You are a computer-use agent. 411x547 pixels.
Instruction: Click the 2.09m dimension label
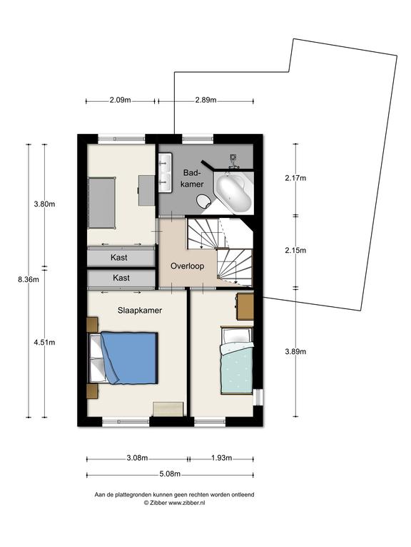(x=120, y=100)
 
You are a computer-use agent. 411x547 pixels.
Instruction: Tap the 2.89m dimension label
(x=205, y=100)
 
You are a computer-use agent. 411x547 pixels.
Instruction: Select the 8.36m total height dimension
(x=29, y=279)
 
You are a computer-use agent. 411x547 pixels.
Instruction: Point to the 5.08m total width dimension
(x=170, y=474)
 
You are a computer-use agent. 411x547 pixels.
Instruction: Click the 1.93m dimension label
(x=222, y=458)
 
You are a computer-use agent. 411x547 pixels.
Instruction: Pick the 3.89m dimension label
(x=295, y=352)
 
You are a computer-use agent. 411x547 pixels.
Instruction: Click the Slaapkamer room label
(x=139, y=311)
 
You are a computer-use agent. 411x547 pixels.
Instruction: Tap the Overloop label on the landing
(x=188, y=266)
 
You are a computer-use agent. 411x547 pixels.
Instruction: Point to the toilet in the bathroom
(x=204, y=202)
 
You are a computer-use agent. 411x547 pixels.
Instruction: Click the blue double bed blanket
(x=130, y=358)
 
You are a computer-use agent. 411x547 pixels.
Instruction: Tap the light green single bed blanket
(x=237, y=368)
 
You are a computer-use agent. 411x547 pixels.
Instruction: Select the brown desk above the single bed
(x=245, y=307)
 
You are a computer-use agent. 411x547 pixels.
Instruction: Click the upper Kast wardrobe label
(x=119, y=257)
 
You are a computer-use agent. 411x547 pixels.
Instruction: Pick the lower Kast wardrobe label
(x=121, y=278)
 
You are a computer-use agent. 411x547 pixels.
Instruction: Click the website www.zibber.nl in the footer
(x=187, y=503)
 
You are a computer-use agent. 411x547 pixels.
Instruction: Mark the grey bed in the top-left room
(x=102, y=202)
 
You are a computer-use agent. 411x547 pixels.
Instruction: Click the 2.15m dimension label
(x=295, y=251)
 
